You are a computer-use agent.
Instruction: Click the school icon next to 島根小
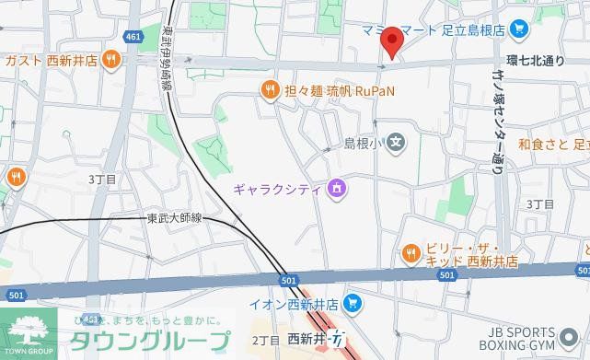[x=395, y=143]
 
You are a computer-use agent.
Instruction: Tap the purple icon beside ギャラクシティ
[x=337, y=190]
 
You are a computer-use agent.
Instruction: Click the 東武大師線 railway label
[x=174, y=219]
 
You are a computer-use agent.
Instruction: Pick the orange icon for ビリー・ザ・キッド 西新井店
[x=411, y=250]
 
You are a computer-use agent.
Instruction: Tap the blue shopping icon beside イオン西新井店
[x=352, y=304]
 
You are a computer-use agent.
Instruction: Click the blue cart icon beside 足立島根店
[x=520, y=29]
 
